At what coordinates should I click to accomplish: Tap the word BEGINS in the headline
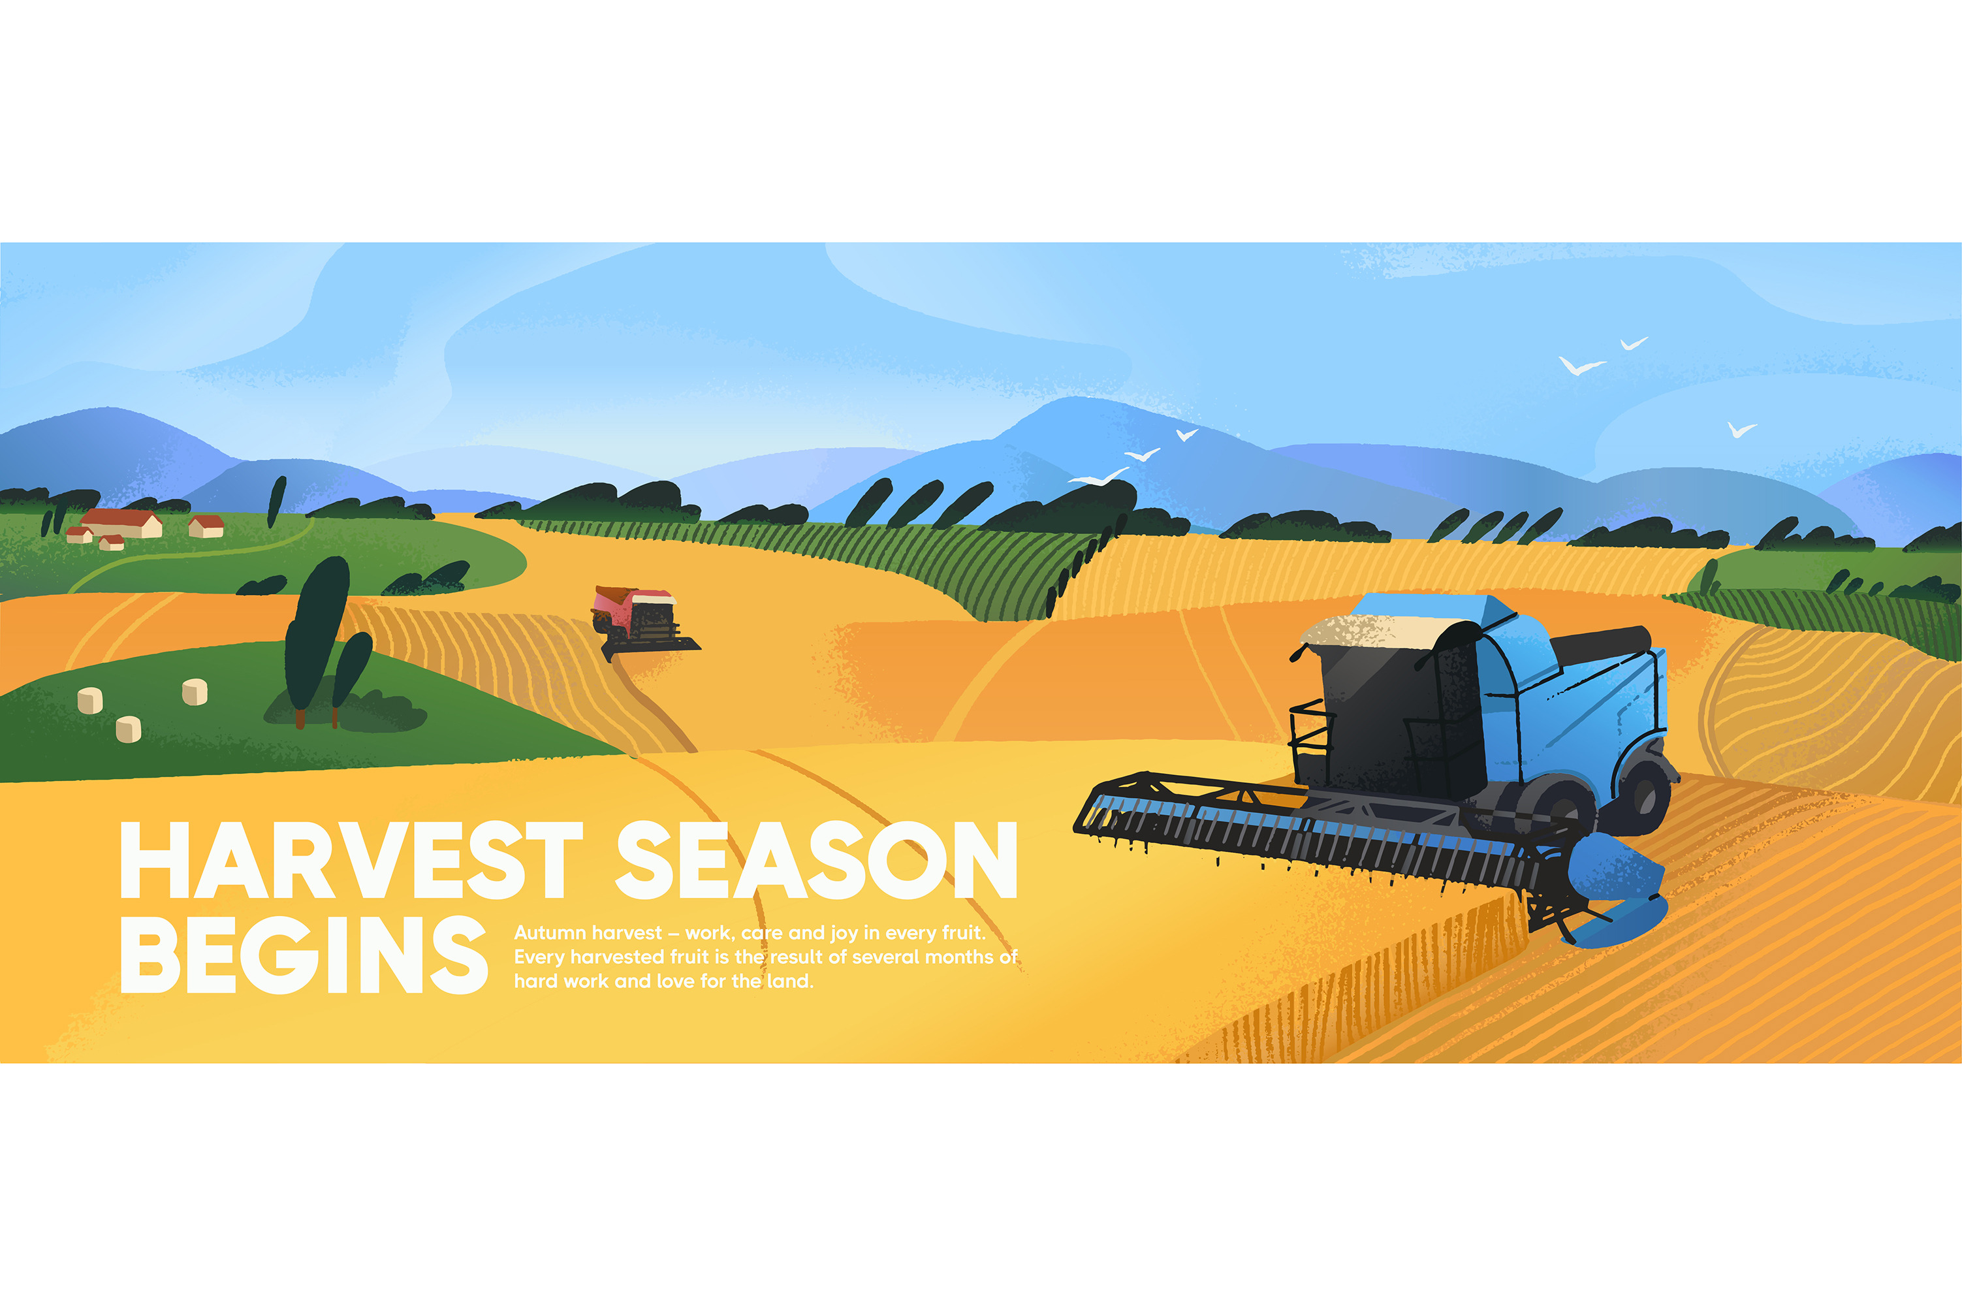click(304, 955)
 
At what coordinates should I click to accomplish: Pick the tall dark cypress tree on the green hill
click(317, 637)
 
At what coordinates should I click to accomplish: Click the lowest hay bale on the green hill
click(128, 729)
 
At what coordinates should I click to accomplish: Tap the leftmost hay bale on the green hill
click(90, 701)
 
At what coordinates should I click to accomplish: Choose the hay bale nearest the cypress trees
click(195, 692)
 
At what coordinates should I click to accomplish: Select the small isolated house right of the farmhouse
click(206, 526)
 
